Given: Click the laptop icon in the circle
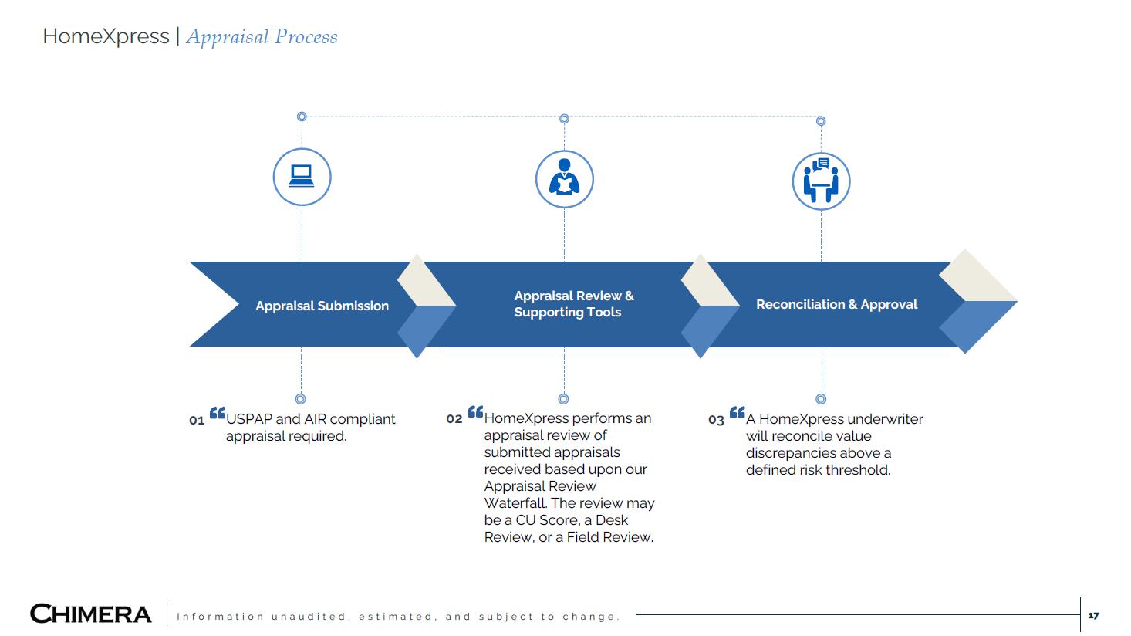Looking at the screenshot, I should [x=302, y=177].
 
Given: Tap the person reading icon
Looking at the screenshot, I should [x=564, y=179].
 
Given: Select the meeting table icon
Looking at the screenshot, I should [x=821, y=181].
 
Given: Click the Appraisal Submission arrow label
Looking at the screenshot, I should [x=322, y=306].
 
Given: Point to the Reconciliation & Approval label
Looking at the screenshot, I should [x=836, y=304].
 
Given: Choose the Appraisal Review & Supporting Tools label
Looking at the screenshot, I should [x=573, y=304].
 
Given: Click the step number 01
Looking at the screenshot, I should [x=197, y=421].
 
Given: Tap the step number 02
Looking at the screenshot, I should [x=454, y=419].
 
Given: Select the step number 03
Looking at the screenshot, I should [x=716, y=420].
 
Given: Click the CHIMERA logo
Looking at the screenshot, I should [x=91, y=614].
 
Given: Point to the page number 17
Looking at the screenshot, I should [x=1093, y=615].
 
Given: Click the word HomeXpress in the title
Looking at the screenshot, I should [x=106, y=36].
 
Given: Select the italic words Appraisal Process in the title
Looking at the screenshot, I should [x=262, y=36].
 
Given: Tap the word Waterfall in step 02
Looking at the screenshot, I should [x=515, y=503].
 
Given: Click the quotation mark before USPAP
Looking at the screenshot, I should [x=217, y=414].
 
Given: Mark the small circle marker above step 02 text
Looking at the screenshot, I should [x=563, y=399].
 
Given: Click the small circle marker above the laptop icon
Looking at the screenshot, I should [x=302, y=117].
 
